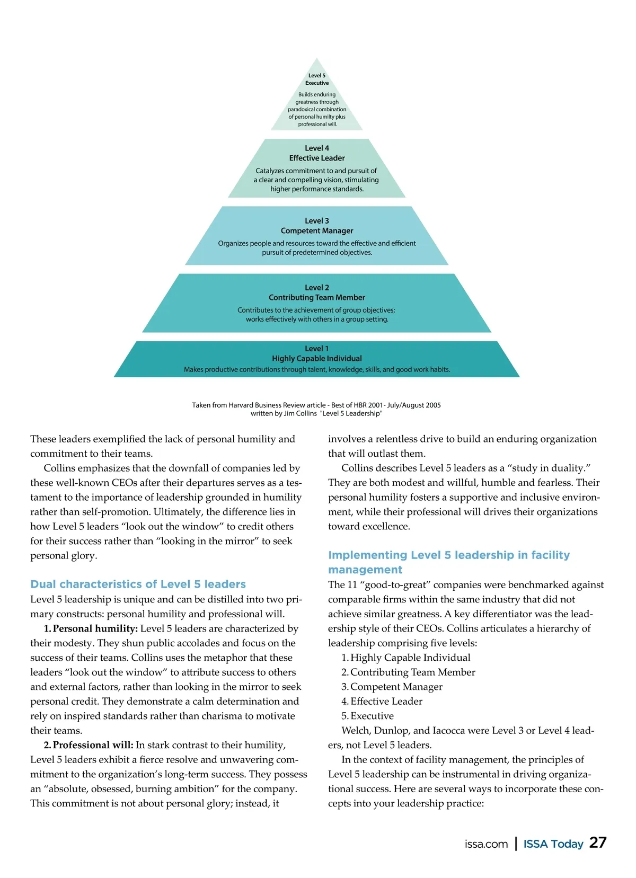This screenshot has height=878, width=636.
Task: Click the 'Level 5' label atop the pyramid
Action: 317,76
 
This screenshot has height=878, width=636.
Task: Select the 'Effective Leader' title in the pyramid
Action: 317,158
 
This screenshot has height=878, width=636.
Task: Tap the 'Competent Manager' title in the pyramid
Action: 317,230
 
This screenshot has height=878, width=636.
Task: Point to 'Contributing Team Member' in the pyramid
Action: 317,297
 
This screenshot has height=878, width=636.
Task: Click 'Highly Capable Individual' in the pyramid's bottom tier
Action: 317,358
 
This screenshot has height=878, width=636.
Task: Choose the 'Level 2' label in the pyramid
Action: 317,287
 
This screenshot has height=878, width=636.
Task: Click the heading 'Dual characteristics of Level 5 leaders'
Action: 138,584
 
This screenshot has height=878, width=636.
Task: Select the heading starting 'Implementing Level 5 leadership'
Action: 448,555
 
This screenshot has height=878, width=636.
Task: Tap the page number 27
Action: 598,843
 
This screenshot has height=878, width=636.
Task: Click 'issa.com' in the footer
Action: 486,844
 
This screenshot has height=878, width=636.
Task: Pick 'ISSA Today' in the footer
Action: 553,844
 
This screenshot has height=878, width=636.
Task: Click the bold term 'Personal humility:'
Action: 95,628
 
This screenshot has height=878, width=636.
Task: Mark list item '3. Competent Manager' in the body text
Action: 392,687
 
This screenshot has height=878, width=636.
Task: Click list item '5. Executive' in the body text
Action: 368,716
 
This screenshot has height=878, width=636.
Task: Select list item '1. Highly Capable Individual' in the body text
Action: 406,658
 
